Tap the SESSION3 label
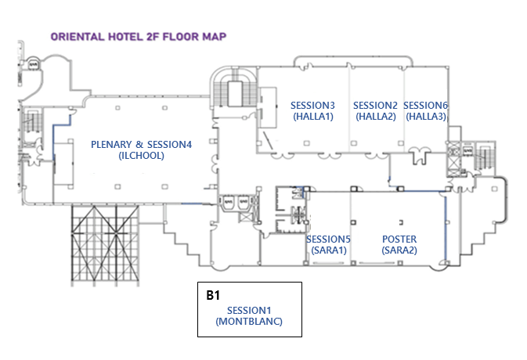[x=312, y=106]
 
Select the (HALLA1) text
[x=312, y=117]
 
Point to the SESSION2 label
[x=376, y=106]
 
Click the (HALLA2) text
[x=376, y=117]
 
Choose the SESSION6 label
[x=425, y=106]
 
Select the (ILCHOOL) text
[x=141, y=155]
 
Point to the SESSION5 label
[x=328, y=239]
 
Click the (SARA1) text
[x=328, y=250]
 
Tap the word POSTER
[x=399, y=239]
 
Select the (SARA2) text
[x=399, y=250]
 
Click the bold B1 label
[x=213, y=296]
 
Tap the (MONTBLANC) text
[x=249, y=322]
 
